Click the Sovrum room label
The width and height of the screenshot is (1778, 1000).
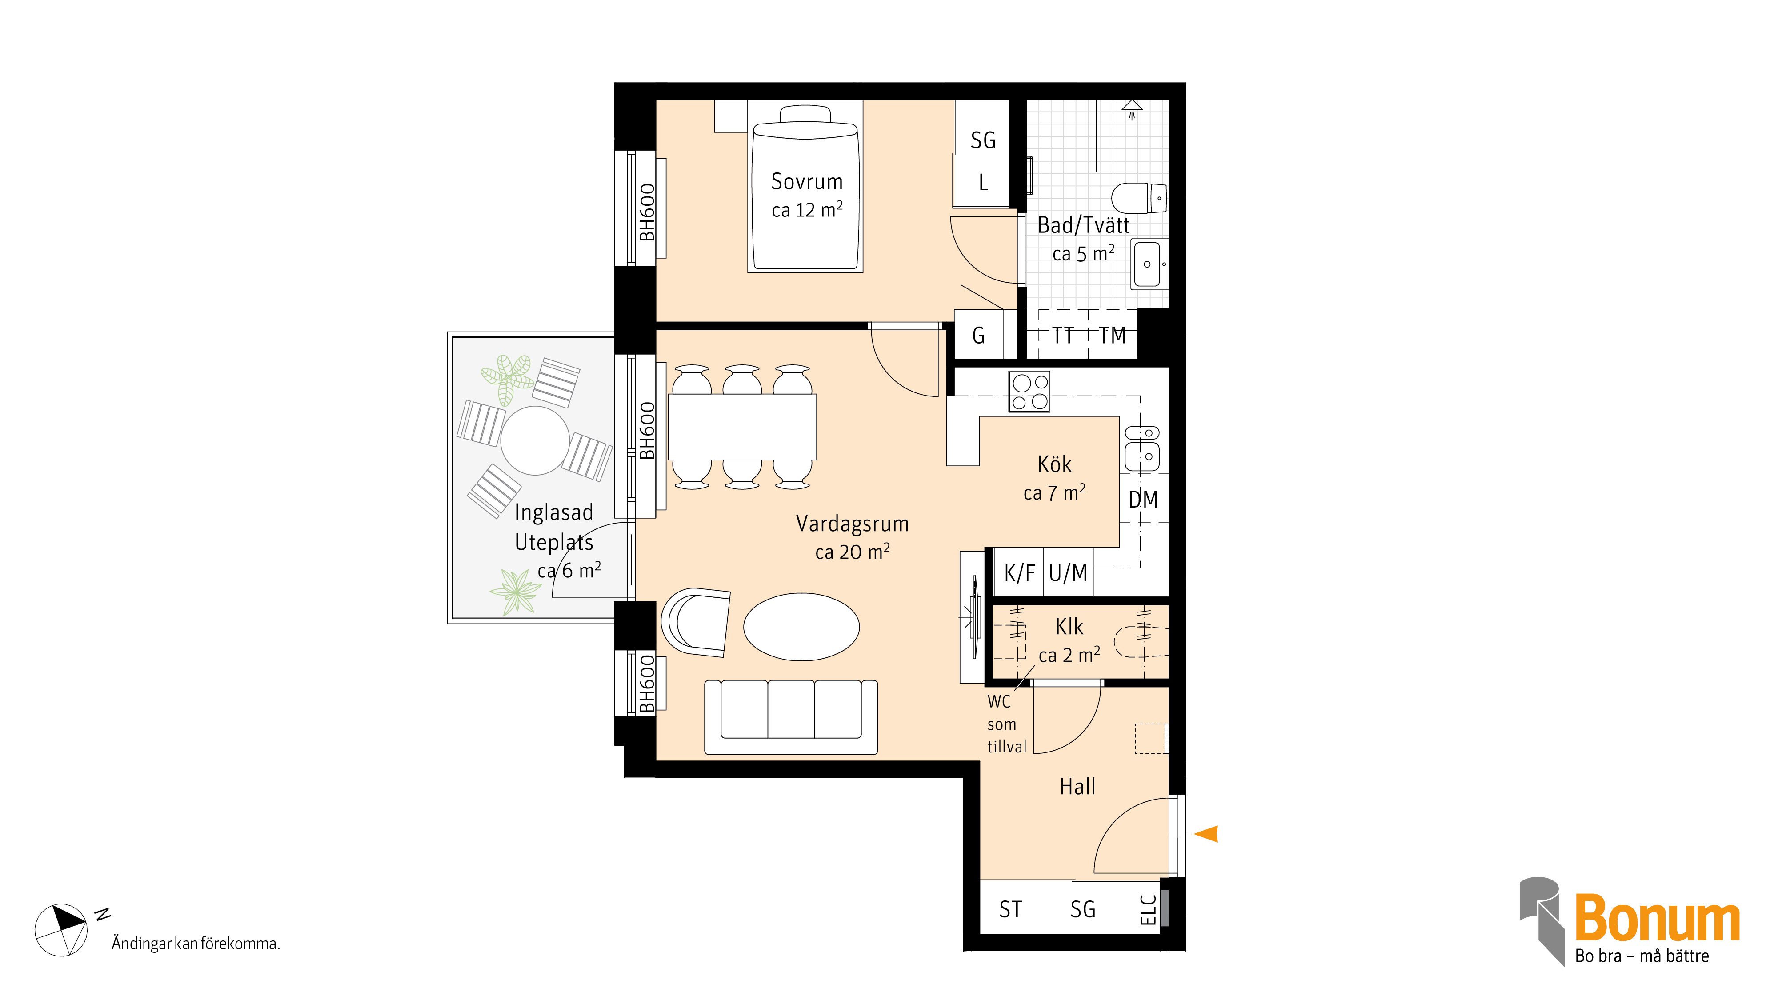click(x=807, y=181)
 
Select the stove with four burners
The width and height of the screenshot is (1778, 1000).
click(x=1029, y=391)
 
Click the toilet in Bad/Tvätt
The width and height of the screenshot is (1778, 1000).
click(x=1139, y=198)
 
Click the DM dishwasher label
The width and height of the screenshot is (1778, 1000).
click(x=1143, y=499)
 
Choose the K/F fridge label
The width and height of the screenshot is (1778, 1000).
click(x=1019, y=573)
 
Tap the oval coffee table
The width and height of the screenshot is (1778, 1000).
click(x=801, y=627)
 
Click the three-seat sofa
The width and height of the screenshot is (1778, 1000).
click(x=791, y=717)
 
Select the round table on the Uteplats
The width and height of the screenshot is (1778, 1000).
click(x=535, y=440)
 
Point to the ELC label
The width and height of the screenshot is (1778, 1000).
click(x=1147, y=910)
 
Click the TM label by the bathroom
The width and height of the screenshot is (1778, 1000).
click(x=1113, y=336)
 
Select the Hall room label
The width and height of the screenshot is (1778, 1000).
click(x=1077, y=787)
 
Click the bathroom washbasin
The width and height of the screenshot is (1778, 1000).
click(x=1149, y=264)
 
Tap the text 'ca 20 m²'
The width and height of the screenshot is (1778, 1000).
click(x=853, y=552)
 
